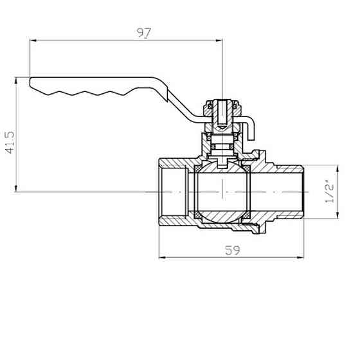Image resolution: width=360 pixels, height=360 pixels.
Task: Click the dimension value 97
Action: [144, 33]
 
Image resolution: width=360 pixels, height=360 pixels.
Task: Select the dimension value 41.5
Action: [10, 142]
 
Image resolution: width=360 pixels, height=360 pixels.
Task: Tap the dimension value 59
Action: [232, 250]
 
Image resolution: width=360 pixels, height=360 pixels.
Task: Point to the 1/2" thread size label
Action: [330, 192]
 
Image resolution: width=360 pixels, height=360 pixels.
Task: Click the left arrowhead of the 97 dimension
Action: [33, 40]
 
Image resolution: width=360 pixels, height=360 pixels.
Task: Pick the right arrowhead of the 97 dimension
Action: [219, 40]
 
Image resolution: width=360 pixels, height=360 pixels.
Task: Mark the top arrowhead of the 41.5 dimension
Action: [16, 81]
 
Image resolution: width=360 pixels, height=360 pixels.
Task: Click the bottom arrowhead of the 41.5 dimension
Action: [16, 188]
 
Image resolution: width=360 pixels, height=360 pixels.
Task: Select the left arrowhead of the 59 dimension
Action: [162, 258]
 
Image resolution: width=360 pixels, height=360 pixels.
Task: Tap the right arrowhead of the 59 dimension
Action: [300, 258]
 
